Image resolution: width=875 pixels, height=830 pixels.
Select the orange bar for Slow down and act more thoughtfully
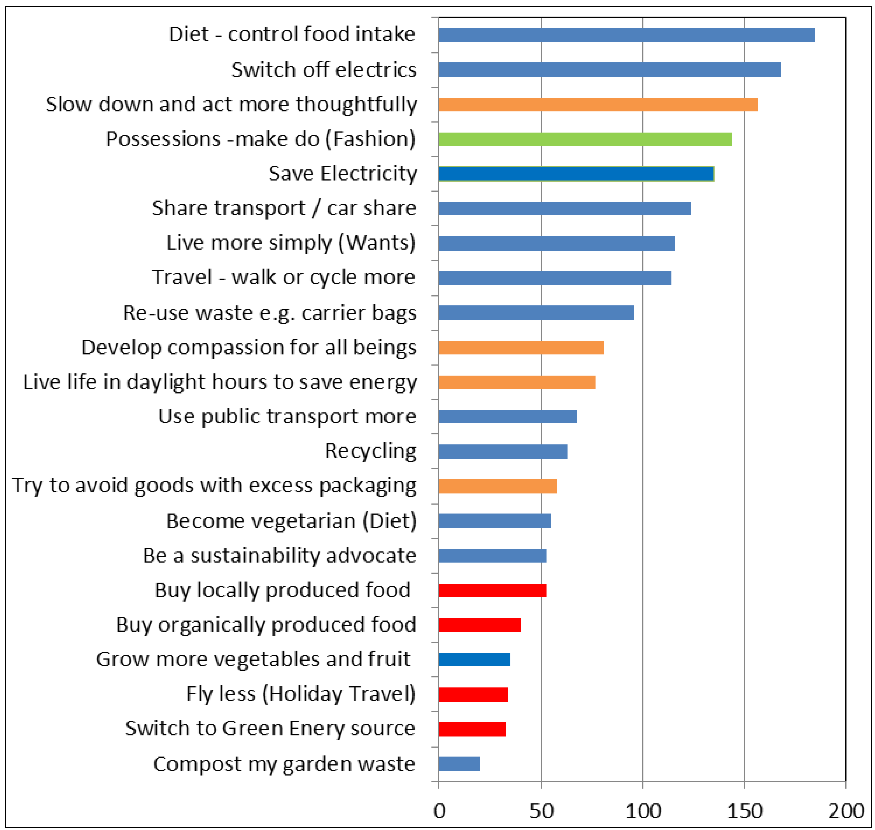pyautogui.click(x=597, y=104)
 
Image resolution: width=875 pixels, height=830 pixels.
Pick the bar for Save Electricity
pyautogui.click(x=575, y=174)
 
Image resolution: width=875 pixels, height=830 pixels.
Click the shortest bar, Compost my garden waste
pyautogui.click(x=459, y=764)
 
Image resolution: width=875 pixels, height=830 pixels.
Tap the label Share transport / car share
pyautogui.click(x=284, y=208)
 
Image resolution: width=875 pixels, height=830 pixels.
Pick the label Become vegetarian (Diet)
pyautogui.click(x=291, y=521)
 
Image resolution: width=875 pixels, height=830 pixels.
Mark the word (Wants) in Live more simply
pyautogui.click(x=377, y=243)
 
